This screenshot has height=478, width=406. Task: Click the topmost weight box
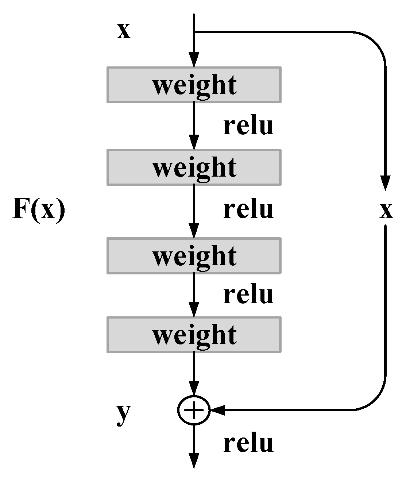tap(194, 85)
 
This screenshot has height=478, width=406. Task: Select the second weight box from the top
tap(194, 167)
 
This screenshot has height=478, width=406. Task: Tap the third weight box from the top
tap(194, 255)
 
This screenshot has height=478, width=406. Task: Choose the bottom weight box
tap(194, 335)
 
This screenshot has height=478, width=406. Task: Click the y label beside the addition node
tap(123, 414)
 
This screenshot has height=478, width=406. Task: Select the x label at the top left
tap(123, 31)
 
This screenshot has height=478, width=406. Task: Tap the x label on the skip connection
tap(386, 210)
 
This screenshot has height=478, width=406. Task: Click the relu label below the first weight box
tap(248, 126)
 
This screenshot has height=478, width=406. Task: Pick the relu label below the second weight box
tap(248, 209)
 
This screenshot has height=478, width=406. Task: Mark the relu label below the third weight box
tap(248, 294)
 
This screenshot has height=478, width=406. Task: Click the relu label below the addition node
tap(248, 443)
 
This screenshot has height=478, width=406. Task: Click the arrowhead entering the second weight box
tap(194, 142)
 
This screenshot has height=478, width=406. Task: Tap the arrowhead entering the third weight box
tap(194, 231)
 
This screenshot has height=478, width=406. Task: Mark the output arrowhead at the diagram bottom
tap(194, 460)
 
